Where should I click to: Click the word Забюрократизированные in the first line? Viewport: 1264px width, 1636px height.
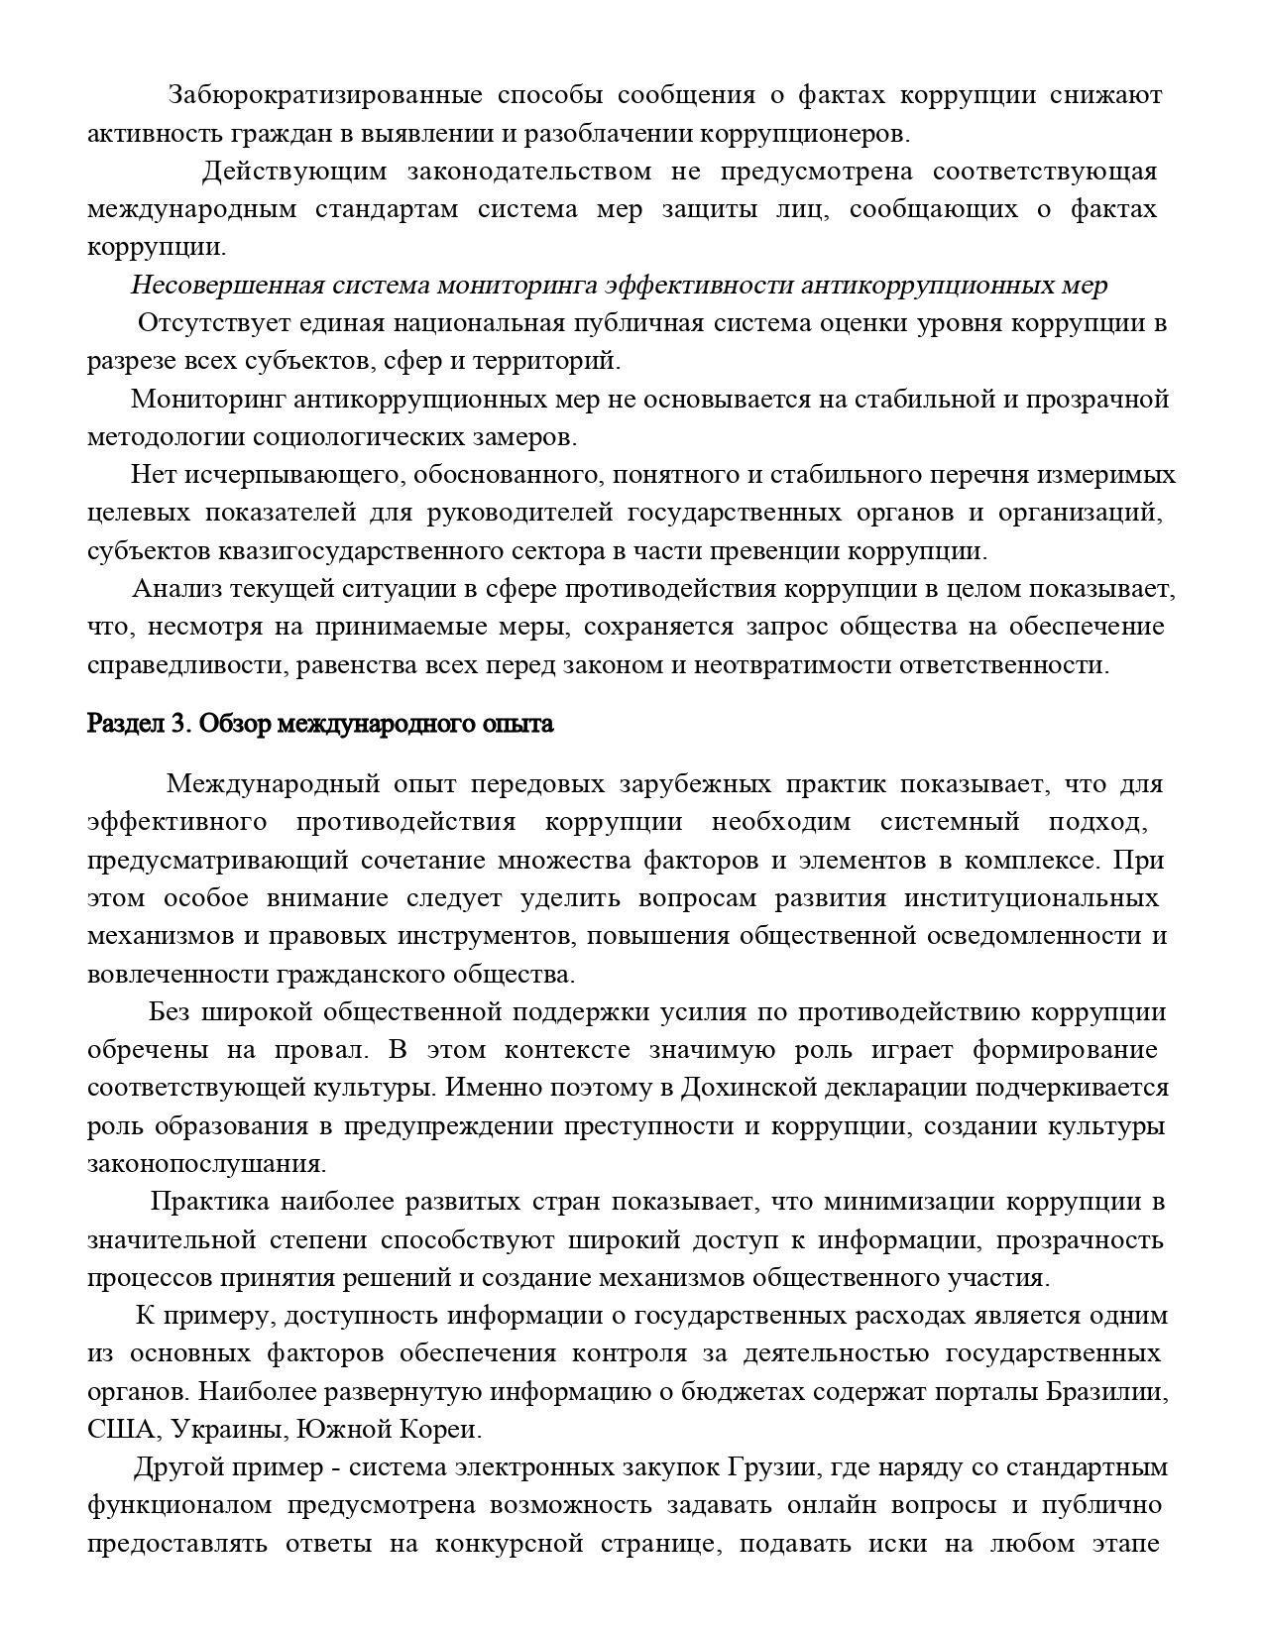(325, 95)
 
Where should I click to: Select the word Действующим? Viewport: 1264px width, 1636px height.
(294, 172)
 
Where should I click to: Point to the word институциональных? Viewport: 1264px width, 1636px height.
(1031, 898)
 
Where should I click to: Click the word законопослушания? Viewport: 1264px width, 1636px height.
(207, 1163)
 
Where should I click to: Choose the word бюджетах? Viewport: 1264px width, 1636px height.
(749, 1391)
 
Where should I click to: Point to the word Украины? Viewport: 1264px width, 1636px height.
(216, 1430)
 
